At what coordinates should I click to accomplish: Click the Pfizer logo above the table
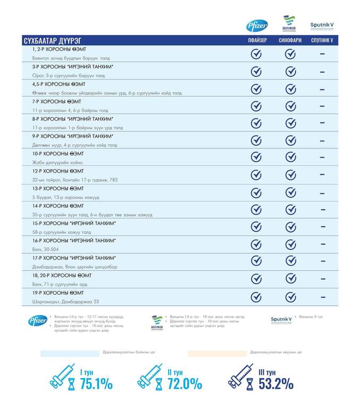tap(257, 25)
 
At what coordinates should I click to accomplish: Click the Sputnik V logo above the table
tap(322, 26)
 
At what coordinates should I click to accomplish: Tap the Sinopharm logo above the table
tap(290, 24)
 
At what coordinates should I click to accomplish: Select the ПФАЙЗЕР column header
tap(256, 40)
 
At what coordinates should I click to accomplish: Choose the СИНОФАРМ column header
tap(290, 40)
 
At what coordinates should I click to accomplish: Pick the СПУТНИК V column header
tap(322, 40)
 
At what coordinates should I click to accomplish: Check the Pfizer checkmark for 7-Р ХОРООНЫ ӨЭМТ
tap(256, 106)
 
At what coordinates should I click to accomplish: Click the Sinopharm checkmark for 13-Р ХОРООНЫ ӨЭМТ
tap(290, 193)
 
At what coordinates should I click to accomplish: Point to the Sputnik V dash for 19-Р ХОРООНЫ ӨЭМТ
tap(322, 297)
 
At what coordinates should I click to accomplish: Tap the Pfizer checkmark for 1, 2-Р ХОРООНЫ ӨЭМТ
tap(256, 54)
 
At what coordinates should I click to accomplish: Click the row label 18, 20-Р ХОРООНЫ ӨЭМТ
tap(62, 275)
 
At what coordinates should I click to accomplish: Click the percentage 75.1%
tap(96, 384)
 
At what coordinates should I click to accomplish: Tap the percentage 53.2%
tap(276, 384)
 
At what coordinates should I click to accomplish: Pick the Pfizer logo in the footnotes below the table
tap(37, 321)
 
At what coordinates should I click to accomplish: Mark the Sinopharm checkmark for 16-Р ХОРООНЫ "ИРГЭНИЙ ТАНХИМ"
tap(290, 245)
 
